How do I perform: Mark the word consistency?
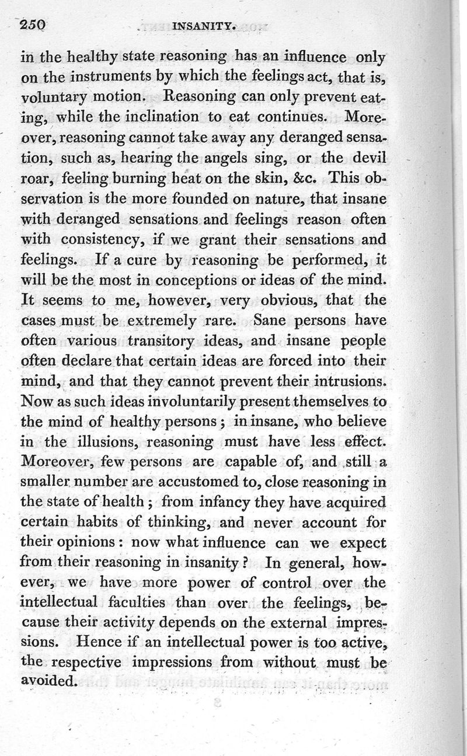[97, 239]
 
